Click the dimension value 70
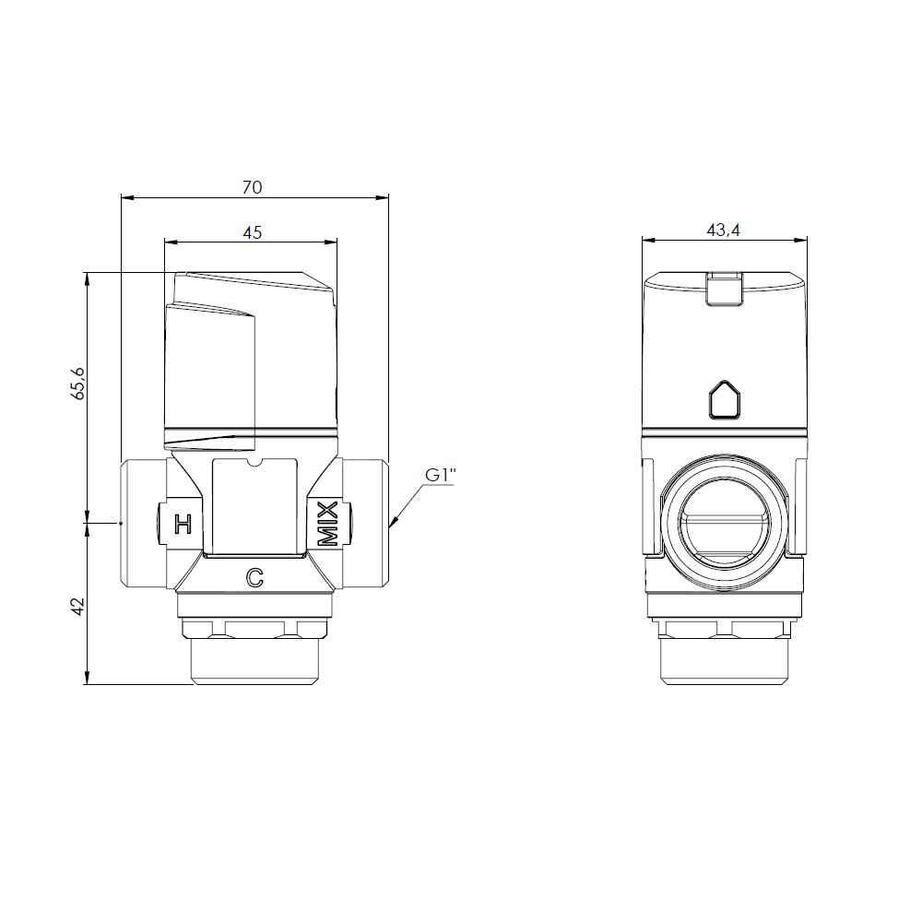click(252, 187)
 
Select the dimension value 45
click(252, 233)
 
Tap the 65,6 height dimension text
click(78, 384)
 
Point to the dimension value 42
click(78, 607)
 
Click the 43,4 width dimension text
click(723, 230)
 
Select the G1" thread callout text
click(441, 476)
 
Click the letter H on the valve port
click(183, 524)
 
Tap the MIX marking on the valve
click(328, 524)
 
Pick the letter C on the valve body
click(254, 579)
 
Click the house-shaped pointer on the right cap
click(725, 399)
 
